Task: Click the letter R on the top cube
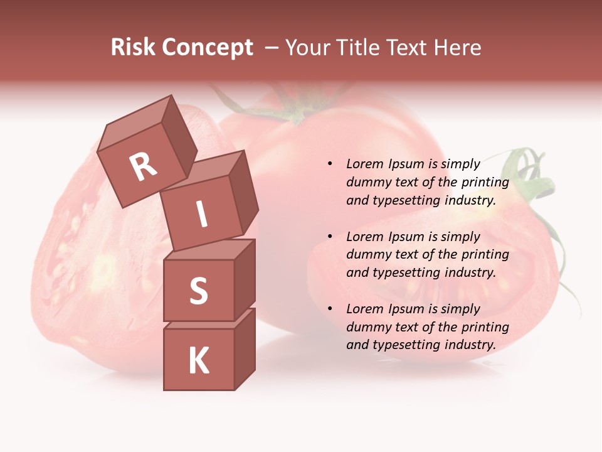click(143, 167)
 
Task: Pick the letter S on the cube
click(198, 291)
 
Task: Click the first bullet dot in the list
click(330, 164)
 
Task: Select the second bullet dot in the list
click(330, 237)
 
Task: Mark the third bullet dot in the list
click(330, 309)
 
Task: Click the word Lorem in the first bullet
click(364, 164)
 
